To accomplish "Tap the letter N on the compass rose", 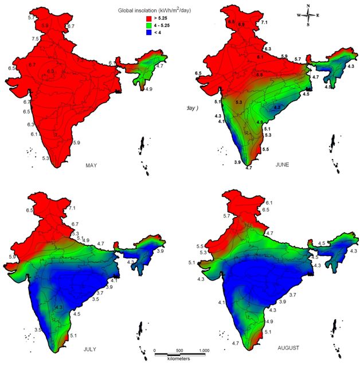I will pos(308,6).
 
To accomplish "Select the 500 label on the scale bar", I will pos(179,351).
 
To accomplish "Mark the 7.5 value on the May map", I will pos(36,39).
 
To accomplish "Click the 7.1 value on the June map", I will pos(264,22).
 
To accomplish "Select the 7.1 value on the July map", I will pos(72,208).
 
